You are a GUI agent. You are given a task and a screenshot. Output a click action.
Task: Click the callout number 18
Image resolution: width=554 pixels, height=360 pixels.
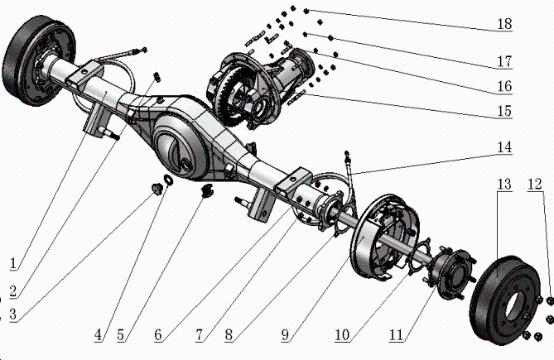[503, 24]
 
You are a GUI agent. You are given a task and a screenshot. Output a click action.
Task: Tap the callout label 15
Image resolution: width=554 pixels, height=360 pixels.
[503, 110]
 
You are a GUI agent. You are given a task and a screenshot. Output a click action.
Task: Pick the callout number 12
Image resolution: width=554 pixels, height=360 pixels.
[537, 183]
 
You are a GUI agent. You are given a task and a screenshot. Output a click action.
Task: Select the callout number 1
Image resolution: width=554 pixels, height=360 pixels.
[13, 263]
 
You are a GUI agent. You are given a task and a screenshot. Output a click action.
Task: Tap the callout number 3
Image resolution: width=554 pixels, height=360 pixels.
[12, 315]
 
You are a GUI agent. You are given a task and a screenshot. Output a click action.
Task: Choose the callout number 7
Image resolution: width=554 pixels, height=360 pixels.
[200, 335]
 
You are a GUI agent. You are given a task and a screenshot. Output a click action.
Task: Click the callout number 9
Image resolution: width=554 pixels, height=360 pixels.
[285, 335]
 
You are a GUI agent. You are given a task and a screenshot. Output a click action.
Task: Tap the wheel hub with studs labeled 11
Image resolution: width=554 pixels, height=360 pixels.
[448, 266]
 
